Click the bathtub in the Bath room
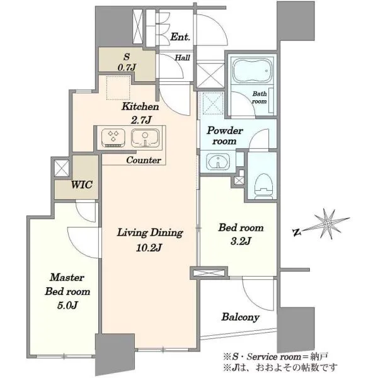coord(253,71)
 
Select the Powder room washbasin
coord(218,161)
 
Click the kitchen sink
coord(145,138)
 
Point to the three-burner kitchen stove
coord(113,138)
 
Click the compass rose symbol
coord(327,224)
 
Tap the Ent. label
coord(180,37)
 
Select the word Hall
coord(183,57)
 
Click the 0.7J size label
coord(127,67)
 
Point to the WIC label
coord(81,185)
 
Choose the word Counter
coord(144,160)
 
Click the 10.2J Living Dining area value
coord(149,248)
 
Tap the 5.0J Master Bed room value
coord(67,306)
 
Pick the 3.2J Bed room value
coord(241,241)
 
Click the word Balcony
coord(241,317)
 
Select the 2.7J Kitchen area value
coord(141,120)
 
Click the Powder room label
coord(225,135)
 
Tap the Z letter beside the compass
coord(297,232)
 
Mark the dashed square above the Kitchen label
coord(118,88)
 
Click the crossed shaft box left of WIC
coord(62,168)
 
